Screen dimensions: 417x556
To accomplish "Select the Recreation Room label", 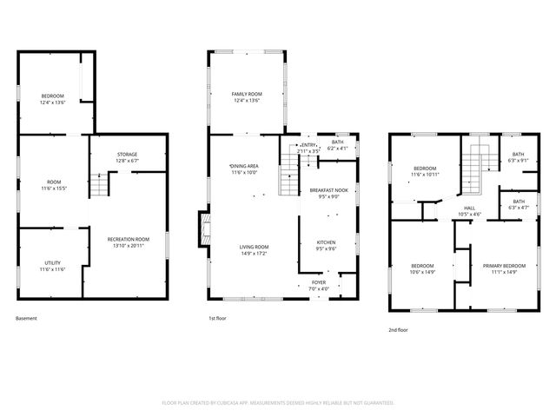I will click(128, 241).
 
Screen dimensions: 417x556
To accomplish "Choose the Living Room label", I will click(255, 249).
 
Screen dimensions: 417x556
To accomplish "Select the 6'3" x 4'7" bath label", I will click(519, 204).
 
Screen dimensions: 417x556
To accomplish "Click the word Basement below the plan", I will click(27, 319).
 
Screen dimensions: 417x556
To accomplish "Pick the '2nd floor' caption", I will click(398, 330).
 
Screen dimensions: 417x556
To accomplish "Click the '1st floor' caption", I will click(217, 319).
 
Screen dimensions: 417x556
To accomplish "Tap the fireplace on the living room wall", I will click(205, 229).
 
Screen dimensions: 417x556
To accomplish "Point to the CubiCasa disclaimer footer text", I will click(278, 403).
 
